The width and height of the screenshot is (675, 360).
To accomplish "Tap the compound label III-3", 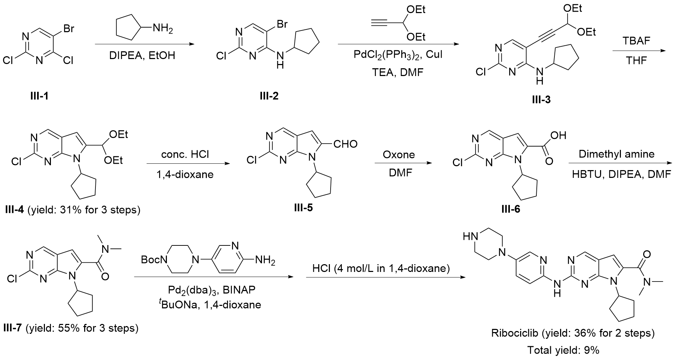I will pyautogui.click(x=541, y=100).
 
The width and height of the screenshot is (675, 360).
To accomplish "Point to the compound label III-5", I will pyautogui.click(x=303, y=207).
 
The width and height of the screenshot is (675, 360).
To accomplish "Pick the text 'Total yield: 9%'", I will pyautogui.click(x=563, y=350).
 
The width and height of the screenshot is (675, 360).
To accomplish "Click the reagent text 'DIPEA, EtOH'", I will pyautogui.click(x=145, y=56).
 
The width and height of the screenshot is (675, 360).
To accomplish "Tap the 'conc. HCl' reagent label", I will pyautogui.click(x=185, y=155).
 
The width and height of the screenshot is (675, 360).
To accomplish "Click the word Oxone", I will pyautogui.click(x=399, y=155).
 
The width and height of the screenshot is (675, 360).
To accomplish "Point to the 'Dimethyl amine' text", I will pyautogui.click(x=616, y=154).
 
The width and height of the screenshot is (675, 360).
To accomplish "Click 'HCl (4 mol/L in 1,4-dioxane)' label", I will pyautogui.click(x=381, y=269).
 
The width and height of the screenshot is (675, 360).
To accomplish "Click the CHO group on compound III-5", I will pyautogui.click(x=345, y=144).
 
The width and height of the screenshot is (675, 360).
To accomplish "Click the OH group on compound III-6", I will pyautogui.click(x=558, y=135).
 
